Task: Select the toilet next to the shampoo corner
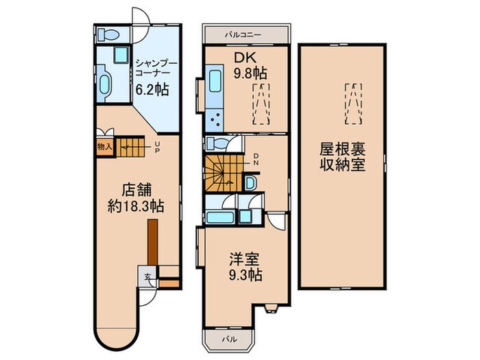tap(108, 34)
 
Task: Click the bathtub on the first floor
tap(105, 84)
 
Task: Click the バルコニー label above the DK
tap(246, 34)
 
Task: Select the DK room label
tap(245, 57)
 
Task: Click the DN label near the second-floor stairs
tap(255, 159)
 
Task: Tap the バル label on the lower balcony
tap(226, 339)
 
